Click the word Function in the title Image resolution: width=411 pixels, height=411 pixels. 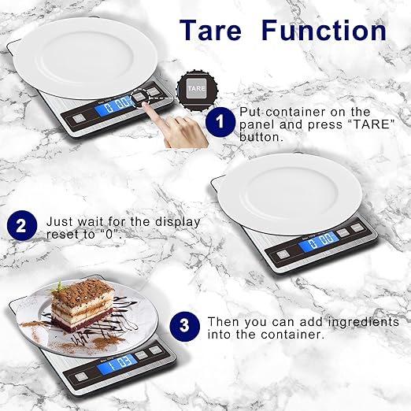click(324, 30)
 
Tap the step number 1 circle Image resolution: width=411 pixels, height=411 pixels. click(221, 124)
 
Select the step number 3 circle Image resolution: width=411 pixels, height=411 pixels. click(184, 324)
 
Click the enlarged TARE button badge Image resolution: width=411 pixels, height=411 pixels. click(194, 89)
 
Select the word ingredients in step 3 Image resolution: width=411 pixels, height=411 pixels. click(367, 322)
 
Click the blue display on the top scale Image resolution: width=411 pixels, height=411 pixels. click(116, 102)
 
